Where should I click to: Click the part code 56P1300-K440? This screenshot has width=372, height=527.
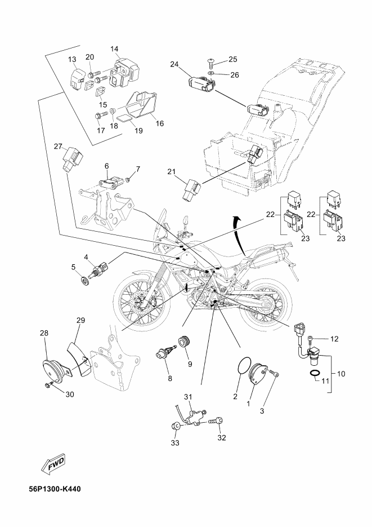pos(55,488)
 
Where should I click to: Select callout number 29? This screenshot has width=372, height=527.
pos(80,320)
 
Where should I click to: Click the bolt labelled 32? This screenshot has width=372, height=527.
pos(217,420)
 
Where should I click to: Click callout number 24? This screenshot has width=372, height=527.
pos(175,64)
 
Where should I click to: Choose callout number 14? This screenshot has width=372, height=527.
pos(114,49)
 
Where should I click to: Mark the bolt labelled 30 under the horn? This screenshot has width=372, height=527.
pos(50,386)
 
